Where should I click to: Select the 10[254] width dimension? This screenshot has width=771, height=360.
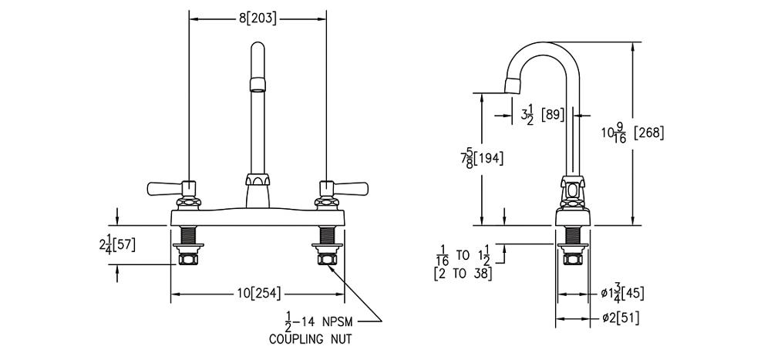point(259,293)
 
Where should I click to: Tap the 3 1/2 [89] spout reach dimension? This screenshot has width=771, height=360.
point(543,115)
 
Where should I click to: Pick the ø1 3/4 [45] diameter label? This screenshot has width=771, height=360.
point(623,294)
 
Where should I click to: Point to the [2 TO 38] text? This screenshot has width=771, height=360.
point(463,272)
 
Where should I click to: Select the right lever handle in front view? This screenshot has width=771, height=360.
point(351,187)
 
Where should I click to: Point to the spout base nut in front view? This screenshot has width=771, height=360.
point(258,181)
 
